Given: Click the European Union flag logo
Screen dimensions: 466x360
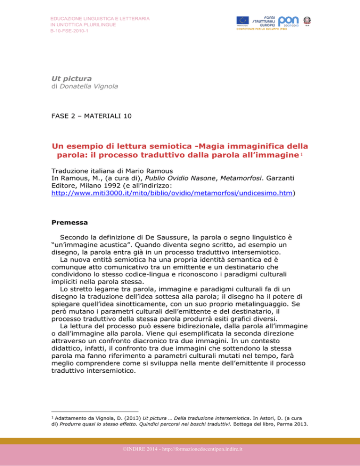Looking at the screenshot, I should click(x=242, y=20).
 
